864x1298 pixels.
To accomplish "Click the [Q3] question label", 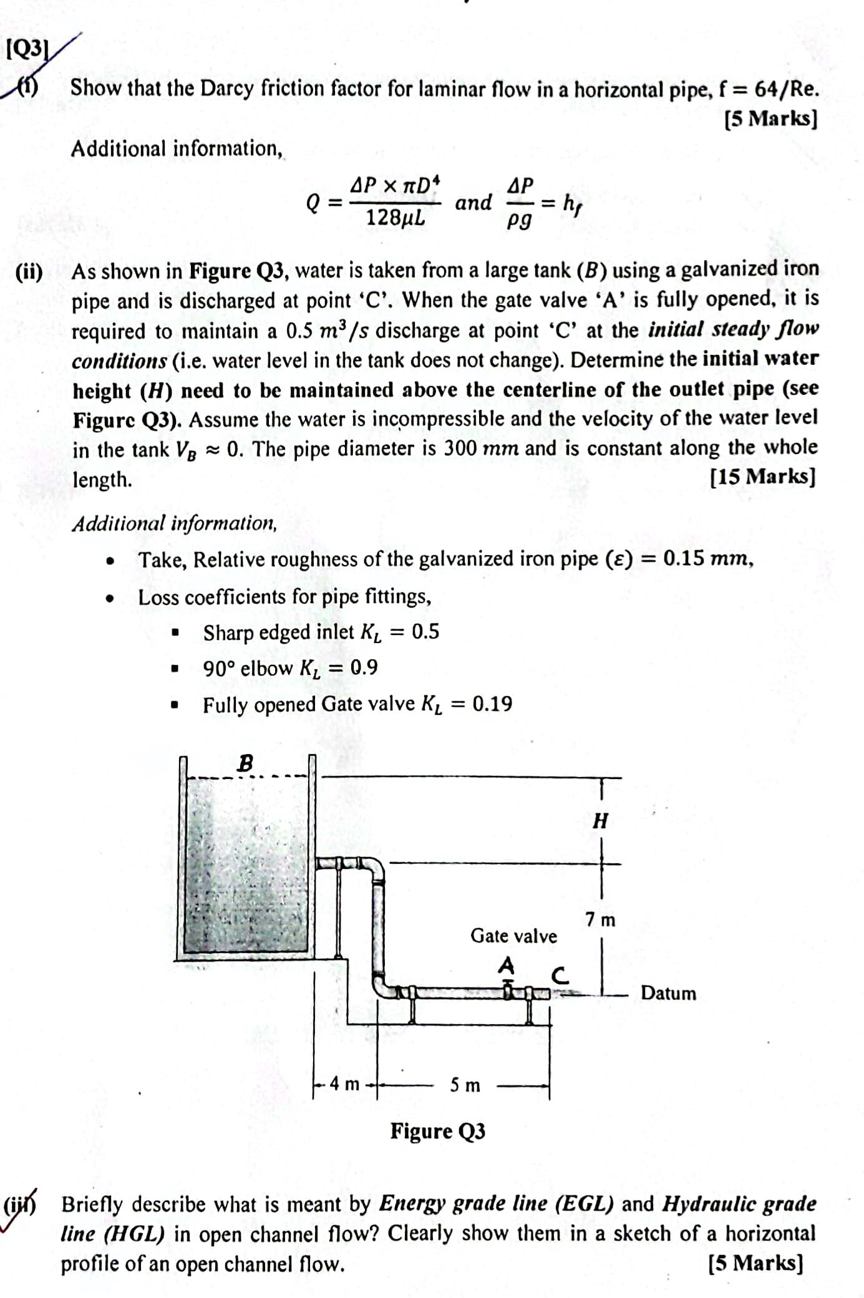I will coord(27,49).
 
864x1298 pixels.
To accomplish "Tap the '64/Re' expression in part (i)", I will coord(785,89).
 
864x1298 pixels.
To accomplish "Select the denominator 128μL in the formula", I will coord(395,218).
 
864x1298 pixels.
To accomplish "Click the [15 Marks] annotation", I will coord(762,477).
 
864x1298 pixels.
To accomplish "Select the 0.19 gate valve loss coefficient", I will coord(492,704).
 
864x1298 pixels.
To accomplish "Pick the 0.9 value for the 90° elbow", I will coord(364,668).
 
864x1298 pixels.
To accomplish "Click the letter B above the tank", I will coord(246,763).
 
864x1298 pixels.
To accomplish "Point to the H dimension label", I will coord(600,821).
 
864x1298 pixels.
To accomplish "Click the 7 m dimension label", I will coord(600,920).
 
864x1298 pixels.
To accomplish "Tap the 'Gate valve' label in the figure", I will coord(513,936).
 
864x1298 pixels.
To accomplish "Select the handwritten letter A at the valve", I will coord(507,966).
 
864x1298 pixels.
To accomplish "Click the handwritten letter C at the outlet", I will coord(560,976).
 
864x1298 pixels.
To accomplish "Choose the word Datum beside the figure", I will coord(668,993).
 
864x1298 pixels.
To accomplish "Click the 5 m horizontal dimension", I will coord(465,1085).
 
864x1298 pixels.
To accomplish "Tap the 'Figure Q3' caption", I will coord(438,1131).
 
